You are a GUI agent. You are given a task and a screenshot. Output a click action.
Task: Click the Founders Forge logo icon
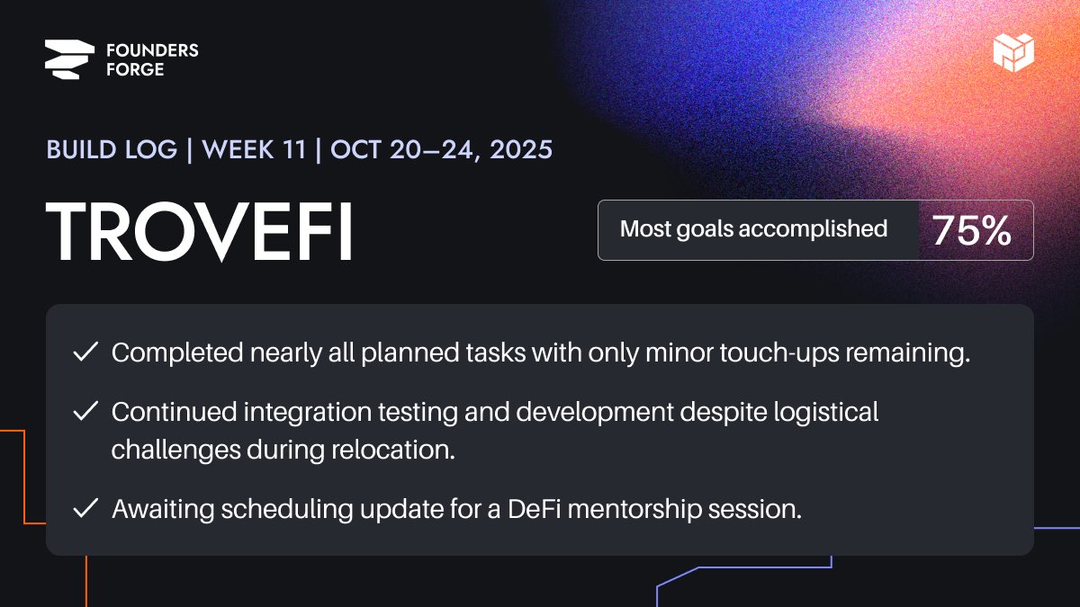point(69,59)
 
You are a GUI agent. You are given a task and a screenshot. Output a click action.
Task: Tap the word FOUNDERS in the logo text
point(152,50)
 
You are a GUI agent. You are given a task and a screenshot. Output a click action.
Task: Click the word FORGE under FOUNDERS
point(135,69)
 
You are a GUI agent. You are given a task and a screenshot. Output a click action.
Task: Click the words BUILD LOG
point(112,149)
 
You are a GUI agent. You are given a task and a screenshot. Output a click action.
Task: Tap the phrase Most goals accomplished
point(753,229)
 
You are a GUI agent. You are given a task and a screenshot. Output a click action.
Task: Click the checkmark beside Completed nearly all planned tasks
point(85,353)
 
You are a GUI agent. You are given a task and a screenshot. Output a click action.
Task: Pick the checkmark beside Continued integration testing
point(85,412)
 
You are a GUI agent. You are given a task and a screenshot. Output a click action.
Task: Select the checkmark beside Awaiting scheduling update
point(85,508)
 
